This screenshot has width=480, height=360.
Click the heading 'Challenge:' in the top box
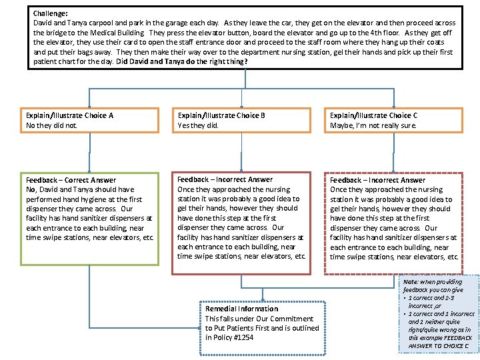(x=49, y=13)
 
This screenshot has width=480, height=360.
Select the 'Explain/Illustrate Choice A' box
(x=90, y=120)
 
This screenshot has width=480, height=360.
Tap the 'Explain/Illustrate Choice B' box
(x=241, y=120)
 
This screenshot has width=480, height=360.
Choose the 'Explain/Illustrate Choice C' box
(x=394, y=120)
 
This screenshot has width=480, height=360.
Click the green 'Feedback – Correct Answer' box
(x=90, y=219)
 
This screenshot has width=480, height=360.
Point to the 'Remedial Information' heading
(x=241, y=309)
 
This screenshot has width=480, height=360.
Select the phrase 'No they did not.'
(x=51, y=125)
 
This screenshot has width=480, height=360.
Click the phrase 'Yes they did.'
(x=198, y=125)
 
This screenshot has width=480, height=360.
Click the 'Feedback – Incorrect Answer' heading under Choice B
(x=225, y=179)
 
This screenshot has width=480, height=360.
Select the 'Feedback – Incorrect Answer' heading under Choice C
(x=377, y=180)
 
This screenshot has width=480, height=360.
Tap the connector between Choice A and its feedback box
(x=90, y=152)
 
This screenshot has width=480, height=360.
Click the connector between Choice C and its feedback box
(x=394, y=152)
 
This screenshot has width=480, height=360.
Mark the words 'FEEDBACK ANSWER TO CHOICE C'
(x=440, y=341)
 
